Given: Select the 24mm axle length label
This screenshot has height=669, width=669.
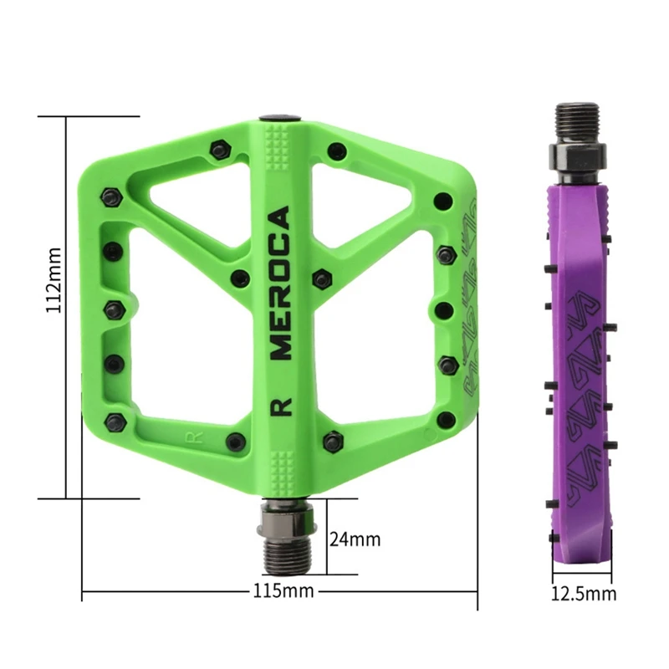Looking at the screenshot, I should (355, 539).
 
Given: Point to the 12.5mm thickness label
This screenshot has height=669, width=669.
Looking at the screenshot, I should (584, 594).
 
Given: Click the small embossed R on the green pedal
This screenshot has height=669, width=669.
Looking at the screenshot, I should (190, 437).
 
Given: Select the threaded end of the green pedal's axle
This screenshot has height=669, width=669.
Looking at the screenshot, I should (289, 553).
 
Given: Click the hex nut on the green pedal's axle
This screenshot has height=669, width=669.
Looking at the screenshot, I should (289, 516).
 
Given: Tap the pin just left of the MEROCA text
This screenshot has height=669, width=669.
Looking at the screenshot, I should (240, 278).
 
